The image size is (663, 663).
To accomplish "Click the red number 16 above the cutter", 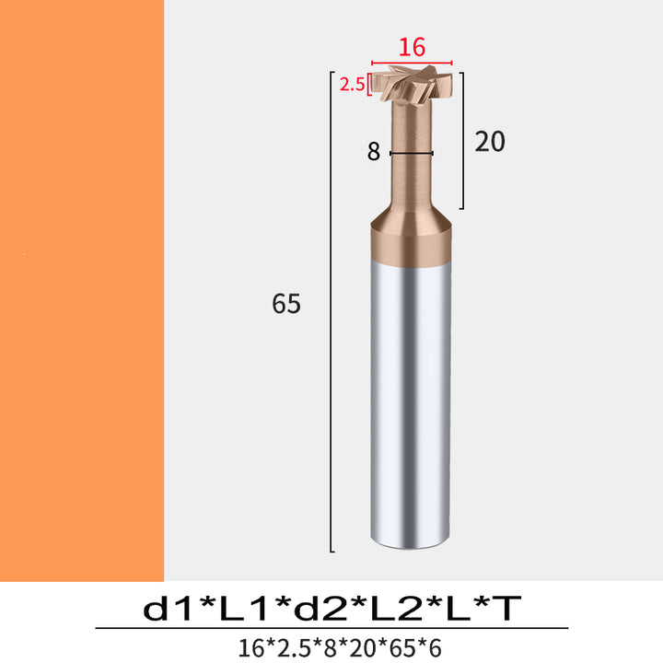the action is (x=412, y=47).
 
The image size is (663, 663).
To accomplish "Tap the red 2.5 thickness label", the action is (x=352, y=85).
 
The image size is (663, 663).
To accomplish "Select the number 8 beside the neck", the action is (x=373, y=152).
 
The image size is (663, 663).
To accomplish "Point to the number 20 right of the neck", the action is (x=490, y=141).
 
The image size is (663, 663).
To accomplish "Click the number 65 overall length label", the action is (x=286, y=303).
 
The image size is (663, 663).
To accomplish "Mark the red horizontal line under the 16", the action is (x=412, y=63).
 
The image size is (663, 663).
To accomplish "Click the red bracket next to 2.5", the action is (x=369, y=84).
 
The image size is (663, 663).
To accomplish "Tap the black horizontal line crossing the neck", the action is (x=412, y=154).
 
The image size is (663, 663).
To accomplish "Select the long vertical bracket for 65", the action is (x=331, y=311).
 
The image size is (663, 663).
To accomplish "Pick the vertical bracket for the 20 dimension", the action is (x=462, y=141).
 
